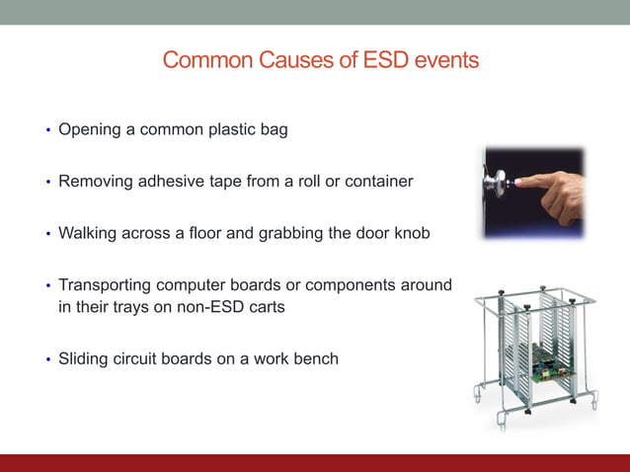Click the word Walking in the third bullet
89,234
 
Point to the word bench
316,358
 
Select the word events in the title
446,60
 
